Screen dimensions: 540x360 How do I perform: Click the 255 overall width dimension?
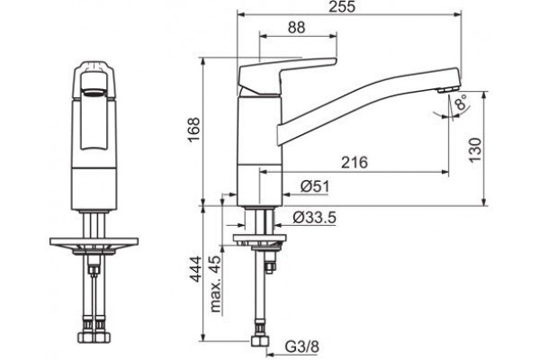pyautogui.click(x=341, y=6)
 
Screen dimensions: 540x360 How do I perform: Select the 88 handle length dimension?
pyautogui.click(x=296, y=27)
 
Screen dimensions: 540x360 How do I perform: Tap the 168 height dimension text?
pyautogui.click(x=193, y=130)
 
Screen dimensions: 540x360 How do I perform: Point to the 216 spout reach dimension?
pyautogui.click(x=355, y=162)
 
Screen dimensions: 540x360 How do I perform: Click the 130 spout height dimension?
pyautogui.click(x=475, y=149)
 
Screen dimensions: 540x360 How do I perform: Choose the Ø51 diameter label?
pyautogui.click(x=315, y=186)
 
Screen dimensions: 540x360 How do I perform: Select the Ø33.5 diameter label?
pyautogui.click(x=314, y=218)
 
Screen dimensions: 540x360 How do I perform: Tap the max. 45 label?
pyautogui.click(x=216, y=283)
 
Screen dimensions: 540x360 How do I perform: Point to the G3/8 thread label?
pyautogui.click(x=302, y=346)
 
